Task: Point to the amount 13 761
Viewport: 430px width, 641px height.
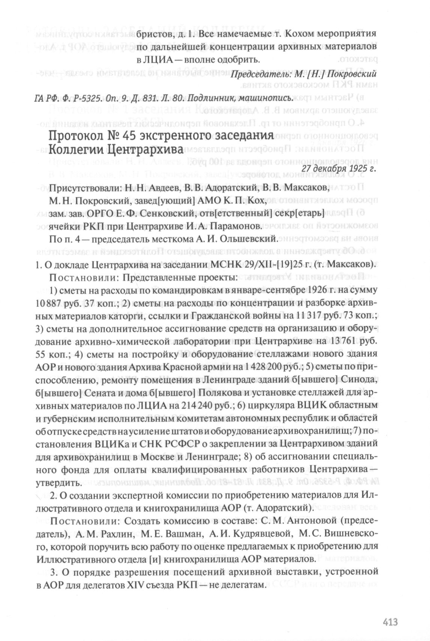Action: click(344, 341)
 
